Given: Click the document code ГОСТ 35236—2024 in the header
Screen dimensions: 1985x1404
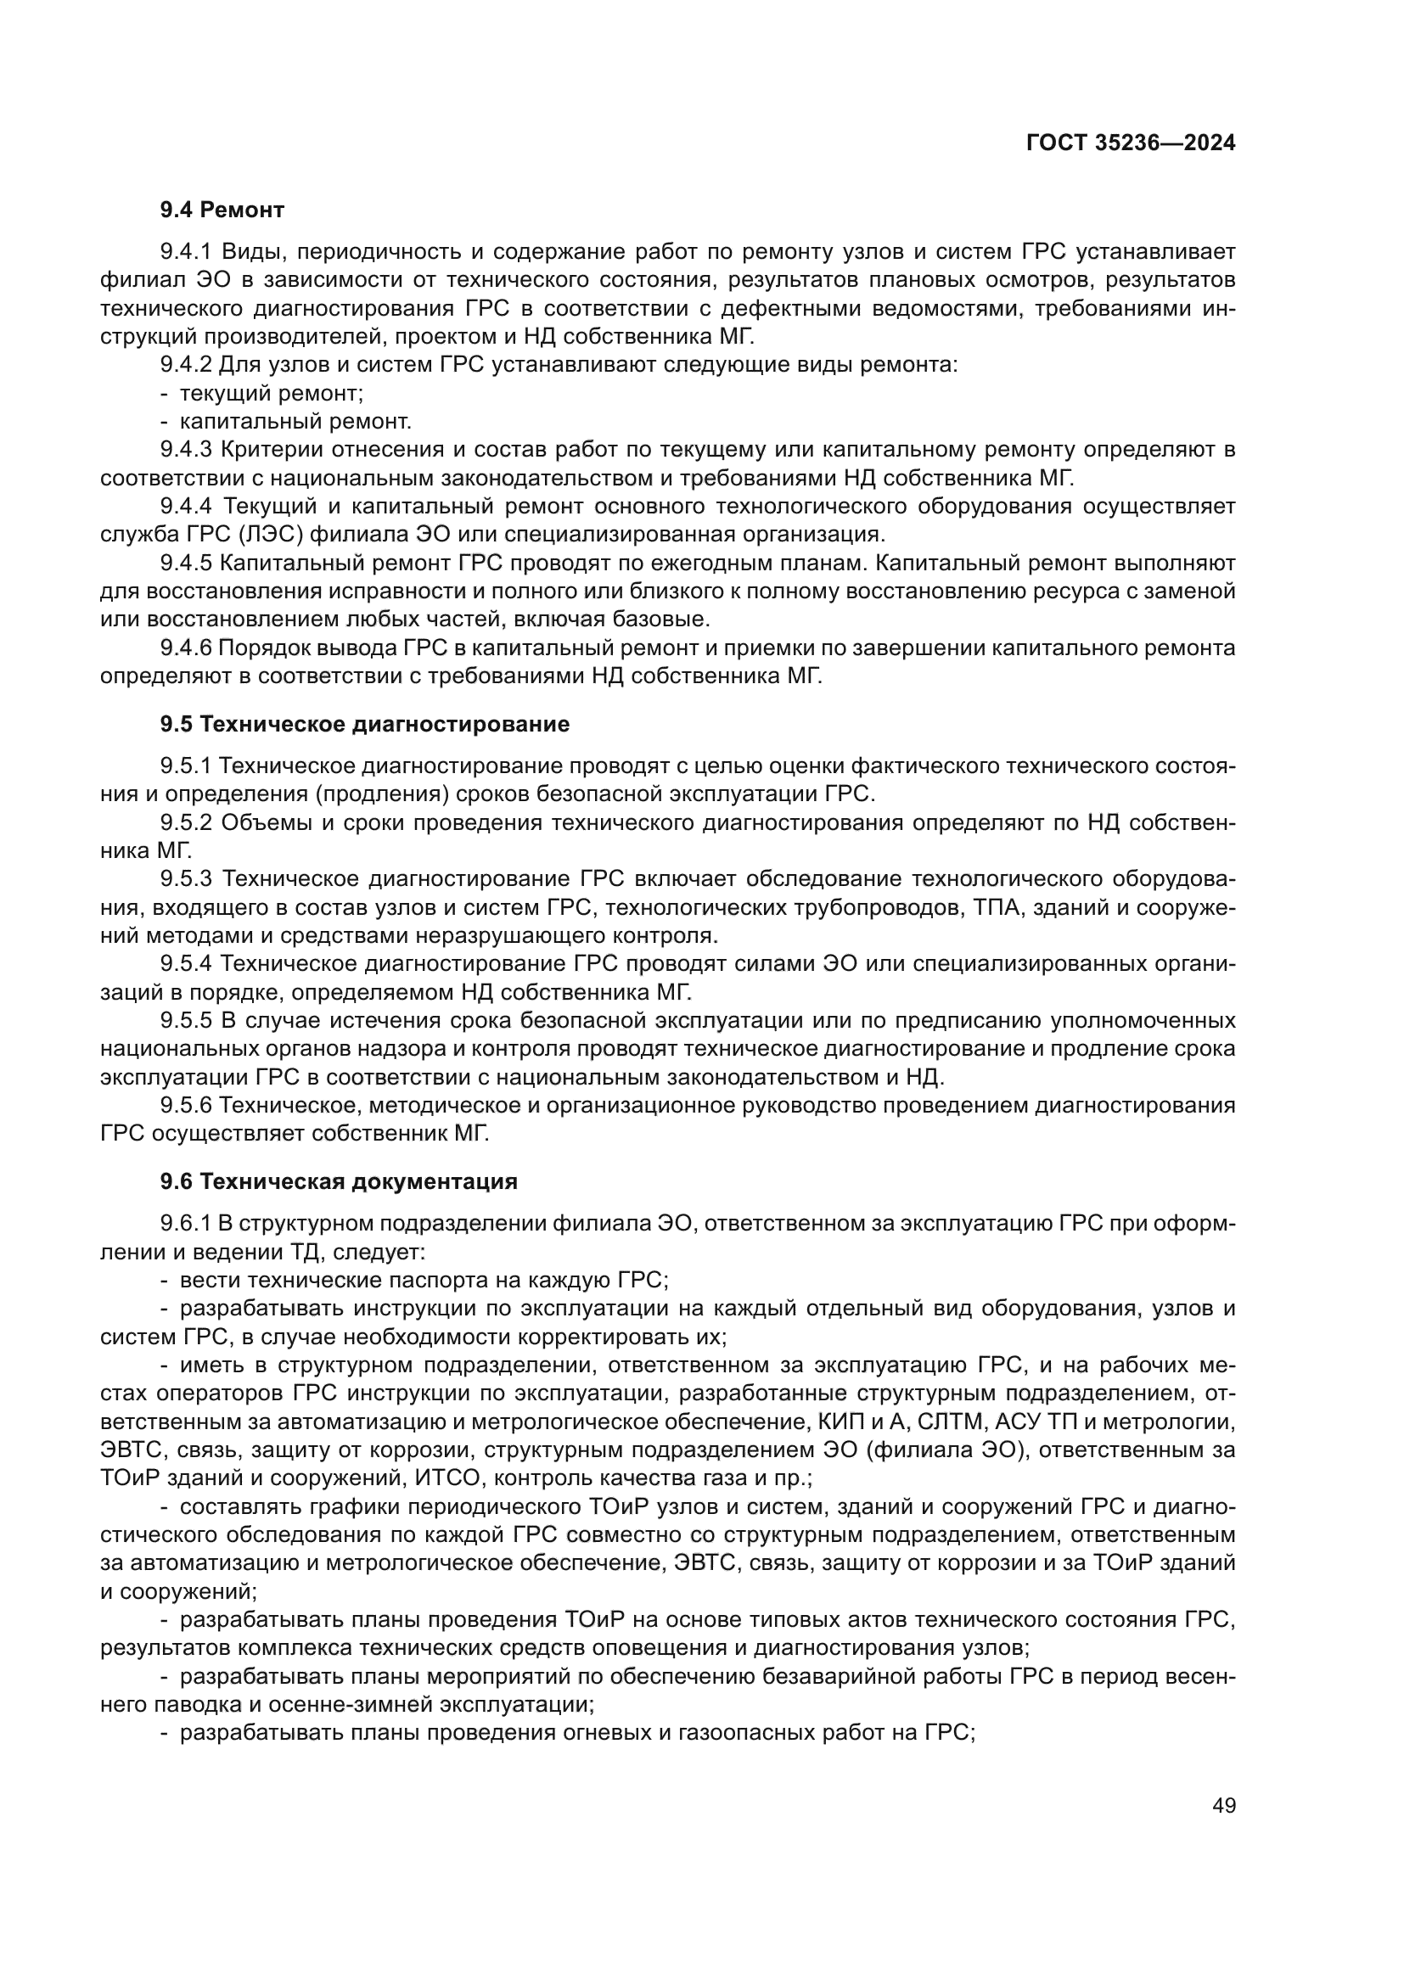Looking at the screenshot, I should pyautogui.click(x=1131, y=143).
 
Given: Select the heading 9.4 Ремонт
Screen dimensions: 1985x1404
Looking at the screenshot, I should pyautogui.click(x=222, y=210).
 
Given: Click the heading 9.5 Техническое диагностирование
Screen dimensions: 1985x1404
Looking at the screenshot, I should pyautogui.click(x=365, y=724).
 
